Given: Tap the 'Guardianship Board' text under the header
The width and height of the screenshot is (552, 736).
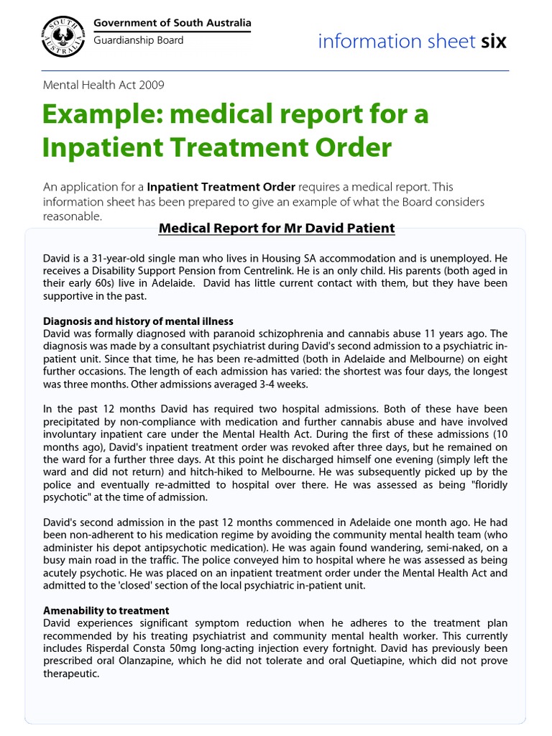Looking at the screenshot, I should (x=139, y=40).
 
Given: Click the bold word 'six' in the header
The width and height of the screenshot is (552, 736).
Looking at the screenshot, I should (x=494, y=42).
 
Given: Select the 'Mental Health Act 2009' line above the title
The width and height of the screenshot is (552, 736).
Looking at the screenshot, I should (x=103, y=85).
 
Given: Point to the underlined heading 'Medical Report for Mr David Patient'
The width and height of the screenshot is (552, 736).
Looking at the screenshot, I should (x=277, y=229).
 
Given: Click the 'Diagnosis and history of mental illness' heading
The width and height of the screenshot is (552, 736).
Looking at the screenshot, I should (x=138, y=321).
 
